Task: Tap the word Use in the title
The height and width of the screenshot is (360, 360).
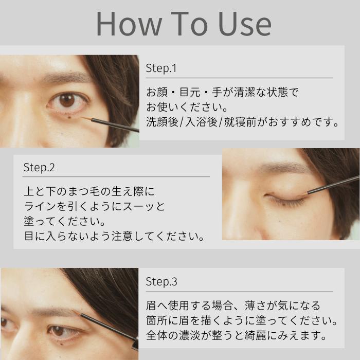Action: click(x=241, y=24)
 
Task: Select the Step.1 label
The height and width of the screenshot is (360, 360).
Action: click(x=161, y=68)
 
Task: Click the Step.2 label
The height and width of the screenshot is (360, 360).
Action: click(x=39, y=168)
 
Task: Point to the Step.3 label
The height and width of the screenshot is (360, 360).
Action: click(x=161, y=282)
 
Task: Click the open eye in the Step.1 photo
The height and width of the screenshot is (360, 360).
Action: click(x=67, y=100)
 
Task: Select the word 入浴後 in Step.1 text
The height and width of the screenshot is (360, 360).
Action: click(x=194, y=123)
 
